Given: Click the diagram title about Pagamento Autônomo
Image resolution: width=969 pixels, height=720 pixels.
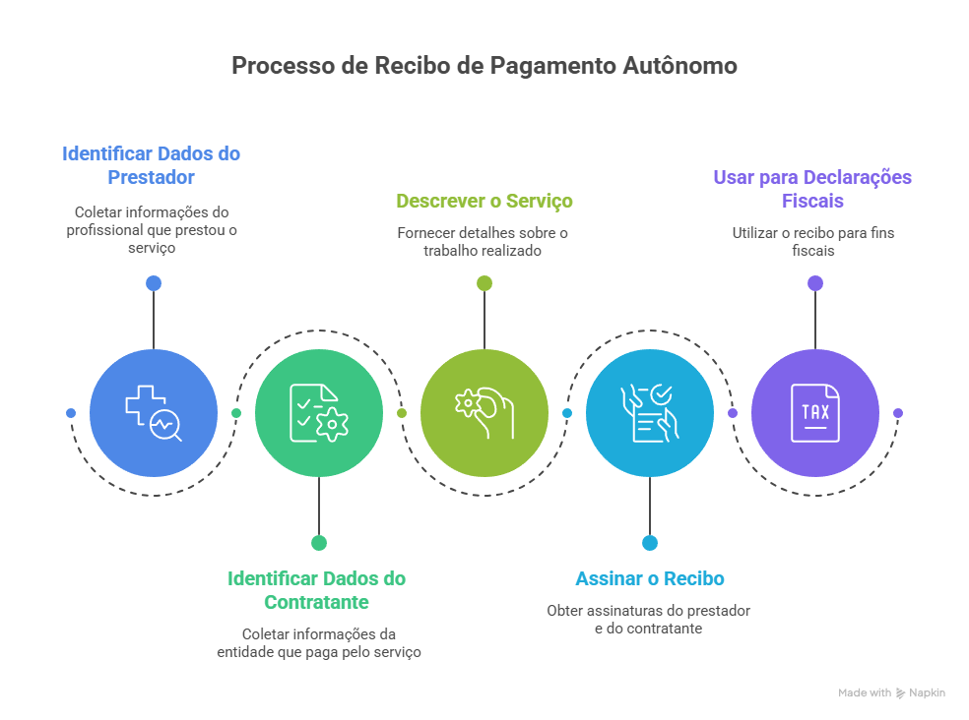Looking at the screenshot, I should click(484, 66).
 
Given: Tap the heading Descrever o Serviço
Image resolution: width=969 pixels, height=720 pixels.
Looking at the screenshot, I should click(484, 201).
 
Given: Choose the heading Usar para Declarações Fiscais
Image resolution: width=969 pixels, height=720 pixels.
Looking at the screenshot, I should click(812, 189).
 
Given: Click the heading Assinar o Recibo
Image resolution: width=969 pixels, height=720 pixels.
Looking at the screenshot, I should click(649, 578).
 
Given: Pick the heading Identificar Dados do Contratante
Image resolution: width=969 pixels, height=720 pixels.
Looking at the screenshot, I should click(317, 590).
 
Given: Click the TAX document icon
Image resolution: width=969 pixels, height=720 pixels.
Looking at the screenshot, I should click(814, 413).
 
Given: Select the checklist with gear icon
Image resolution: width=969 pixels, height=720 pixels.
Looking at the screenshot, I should click(318, 413).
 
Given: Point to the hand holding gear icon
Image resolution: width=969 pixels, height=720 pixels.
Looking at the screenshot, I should click(484, 413).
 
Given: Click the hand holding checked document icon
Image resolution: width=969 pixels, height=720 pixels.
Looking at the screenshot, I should click(649, 413).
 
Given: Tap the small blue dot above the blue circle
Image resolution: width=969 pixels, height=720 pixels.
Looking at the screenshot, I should click(153, 283).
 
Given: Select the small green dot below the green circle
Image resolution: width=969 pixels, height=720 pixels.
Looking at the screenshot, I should click(318, 542).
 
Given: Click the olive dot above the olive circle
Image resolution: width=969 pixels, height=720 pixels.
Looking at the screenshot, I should click(484, 283).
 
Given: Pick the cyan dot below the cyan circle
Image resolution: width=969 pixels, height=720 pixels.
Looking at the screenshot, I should click(649, 542).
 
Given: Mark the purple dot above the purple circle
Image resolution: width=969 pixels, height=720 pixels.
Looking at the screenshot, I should click(814, 283).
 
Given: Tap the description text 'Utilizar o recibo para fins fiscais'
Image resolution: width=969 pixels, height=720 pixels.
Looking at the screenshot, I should click(812, 242).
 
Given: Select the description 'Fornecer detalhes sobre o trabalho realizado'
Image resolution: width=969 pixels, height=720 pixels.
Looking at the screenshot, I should click(483, 242).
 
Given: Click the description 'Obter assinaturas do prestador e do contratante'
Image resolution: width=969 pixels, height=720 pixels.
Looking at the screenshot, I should click(648, 619).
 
